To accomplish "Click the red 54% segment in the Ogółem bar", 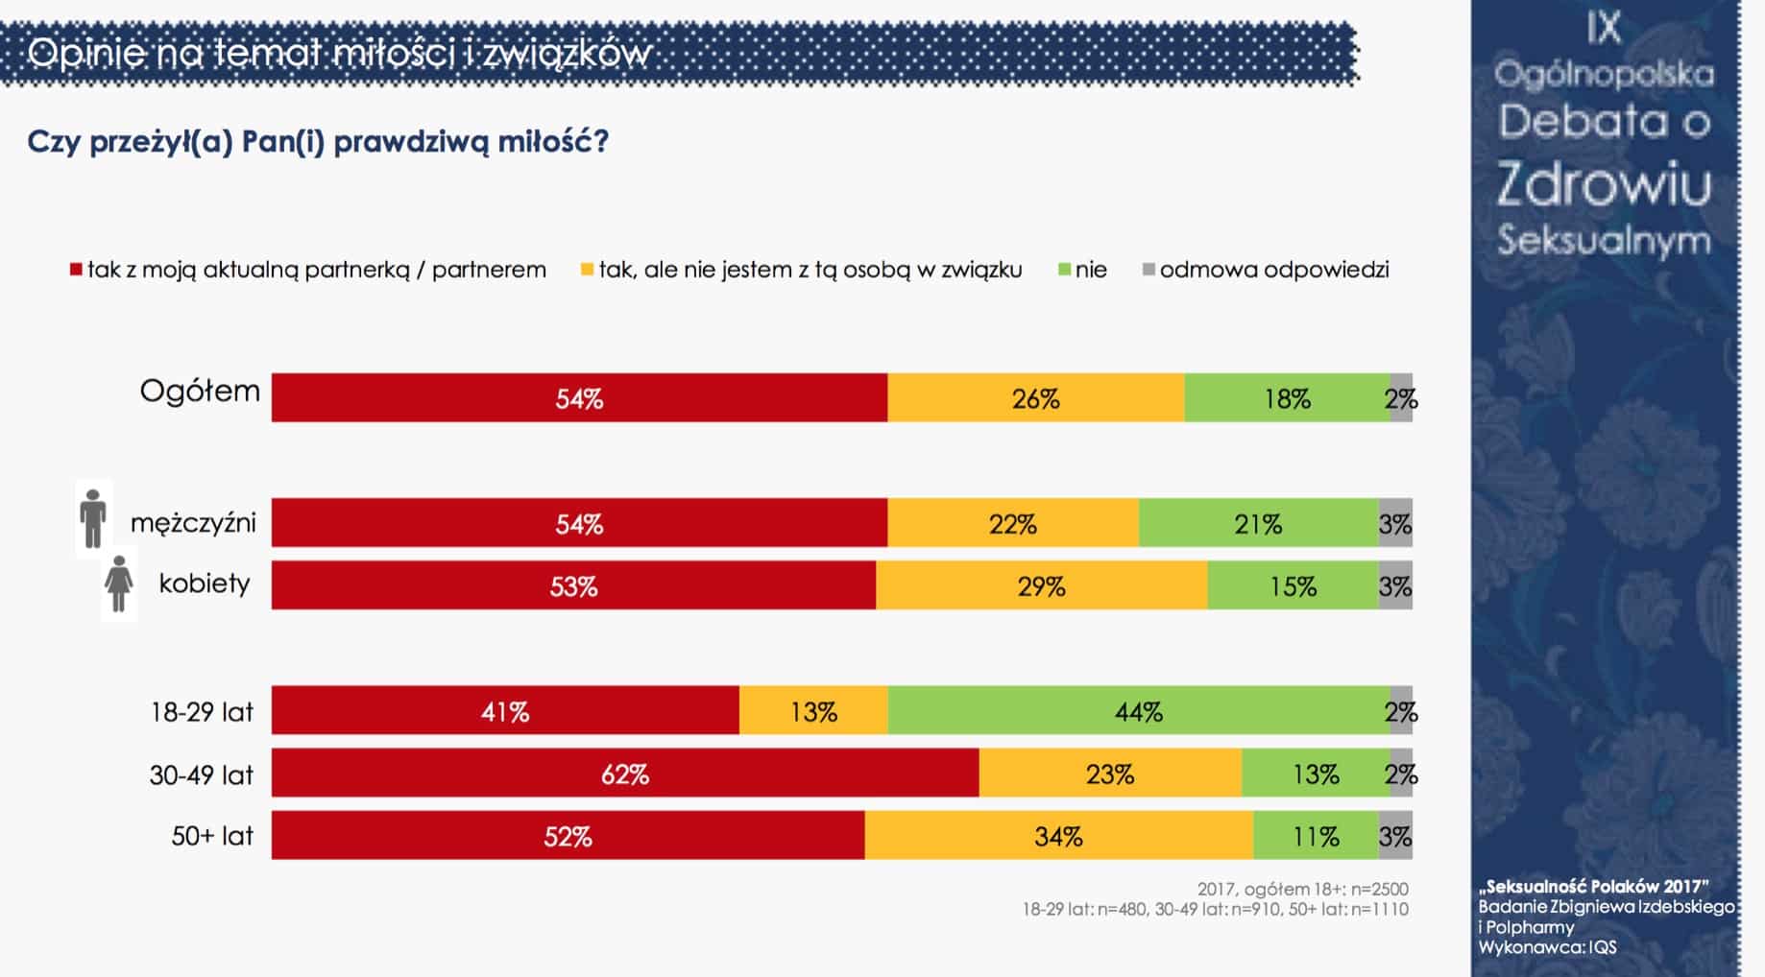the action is (579, 397).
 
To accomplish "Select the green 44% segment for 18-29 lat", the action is (1139, 710).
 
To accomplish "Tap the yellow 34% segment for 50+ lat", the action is (1059, 835).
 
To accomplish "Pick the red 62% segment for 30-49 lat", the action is (625, 773).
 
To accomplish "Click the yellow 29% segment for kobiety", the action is (1042, 585).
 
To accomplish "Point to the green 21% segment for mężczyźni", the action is (1259, 523).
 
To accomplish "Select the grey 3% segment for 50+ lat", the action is (1395, 835).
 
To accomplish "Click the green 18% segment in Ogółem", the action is (1288, 397).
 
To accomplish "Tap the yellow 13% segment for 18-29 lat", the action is (814, 710).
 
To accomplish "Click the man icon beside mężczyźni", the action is (93, 518).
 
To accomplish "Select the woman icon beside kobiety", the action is (119, 584).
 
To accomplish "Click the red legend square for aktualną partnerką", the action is (76, 270).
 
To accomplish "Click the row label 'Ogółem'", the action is (200, 392).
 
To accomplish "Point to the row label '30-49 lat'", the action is (202, 774).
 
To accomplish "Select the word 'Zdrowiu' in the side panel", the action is (1604, 182).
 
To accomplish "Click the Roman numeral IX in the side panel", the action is (1604, 28).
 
